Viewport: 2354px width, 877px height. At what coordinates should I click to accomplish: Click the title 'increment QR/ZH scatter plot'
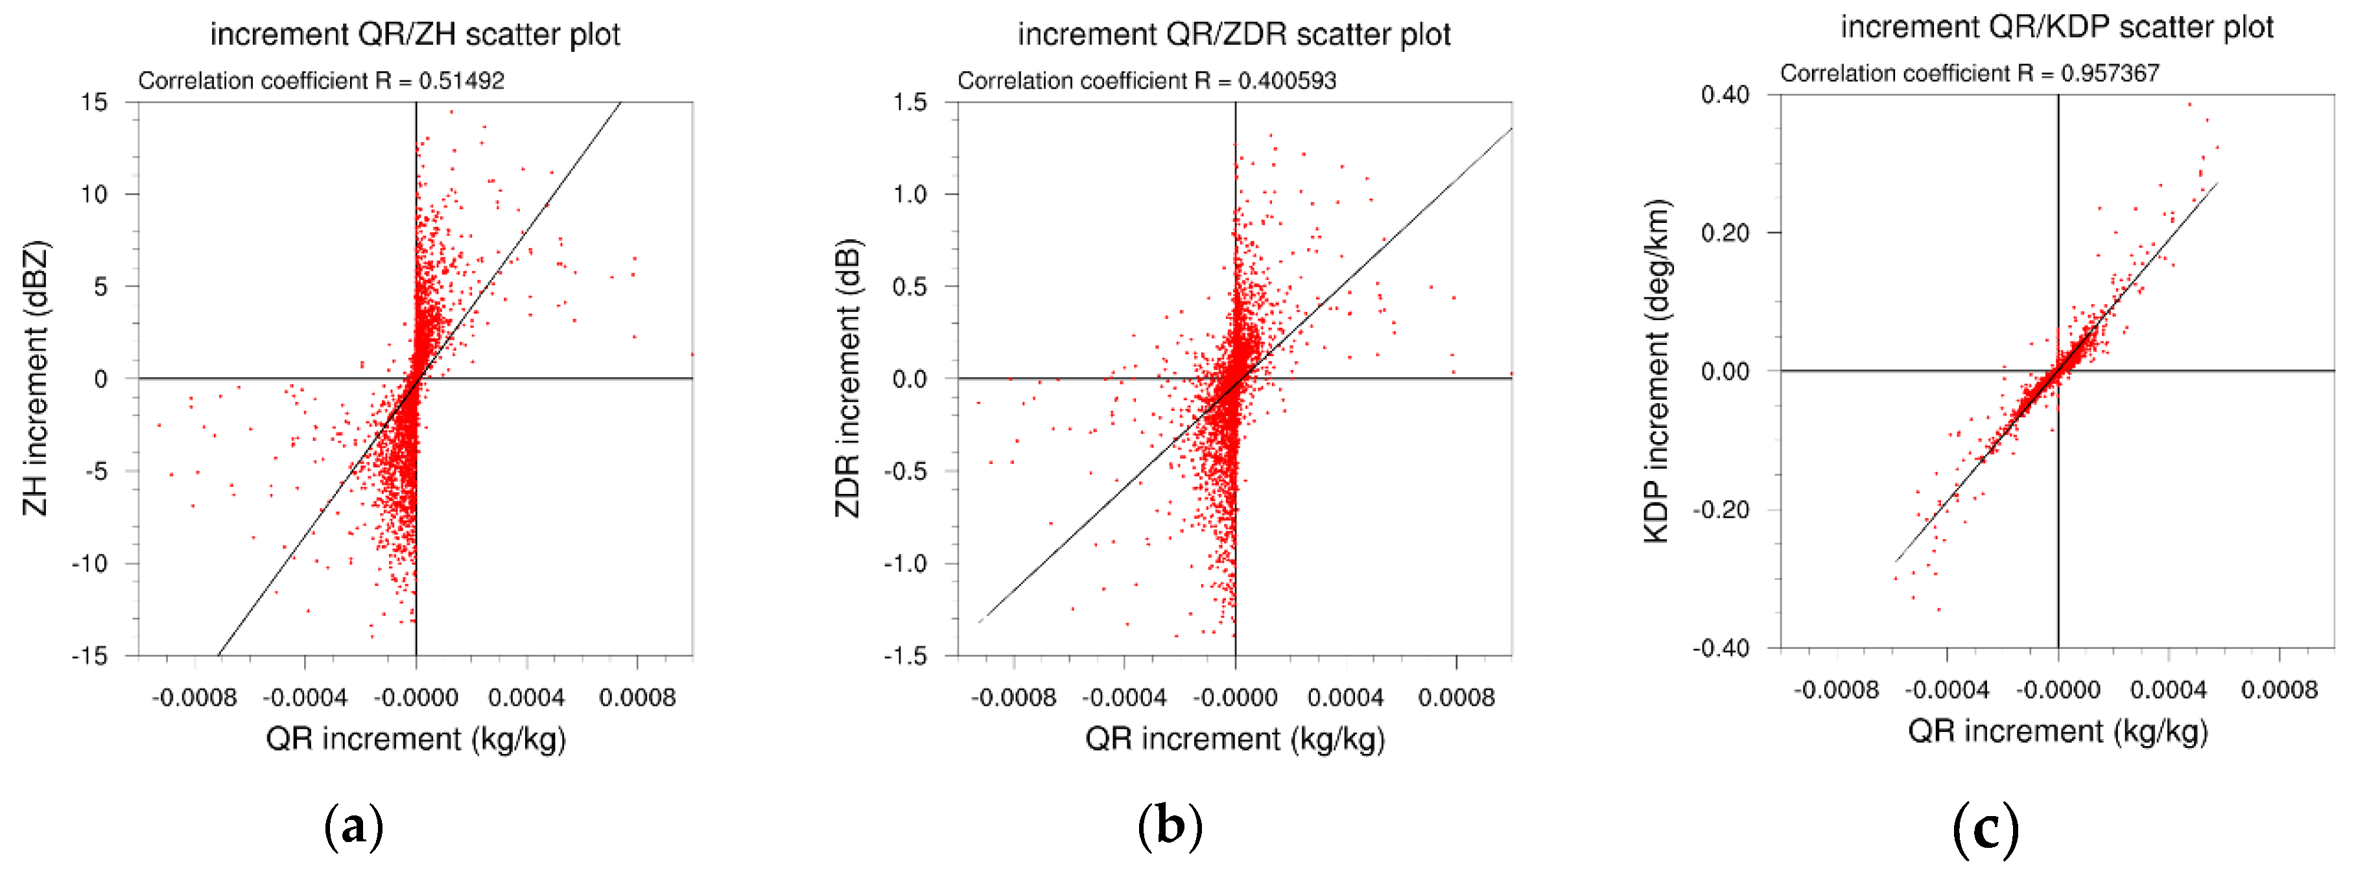pyautogui.click(x=415, y=35)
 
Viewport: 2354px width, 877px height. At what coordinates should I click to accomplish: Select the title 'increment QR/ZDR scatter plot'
pyautogui.click(x=1234, y=35)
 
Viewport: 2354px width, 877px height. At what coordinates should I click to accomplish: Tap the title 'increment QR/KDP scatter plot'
pyautogui.click(x=2056, y=27)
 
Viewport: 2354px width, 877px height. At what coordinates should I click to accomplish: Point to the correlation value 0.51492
pyautogui.click(x=462, y=80)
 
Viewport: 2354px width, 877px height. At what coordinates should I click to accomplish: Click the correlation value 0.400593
pyautogui.click(x=1287, y=80)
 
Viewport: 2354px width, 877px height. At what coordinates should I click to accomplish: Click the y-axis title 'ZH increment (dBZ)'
pyautogui.click(x=36, y=378)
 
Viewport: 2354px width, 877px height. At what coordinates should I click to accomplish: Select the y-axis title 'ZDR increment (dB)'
pyautogui.click(x=848, y=378)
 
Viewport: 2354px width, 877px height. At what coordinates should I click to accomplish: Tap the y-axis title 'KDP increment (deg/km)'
pyautogui.click(x=1656, y=371)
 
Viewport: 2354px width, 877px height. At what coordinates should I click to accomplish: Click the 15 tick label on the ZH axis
pyautogui.click(x=94, y=102)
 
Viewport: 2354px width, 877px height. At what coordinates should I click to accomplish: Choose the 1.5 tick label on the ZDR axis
pyautogui.click(x=910, y=102)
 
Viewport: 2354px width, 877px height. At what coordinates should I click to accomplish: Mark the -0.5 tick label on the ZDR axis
pyautogui.click(x=904, y=471)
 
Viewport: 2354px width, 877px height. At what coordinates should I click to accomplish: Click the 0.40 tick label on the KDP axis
pyautogui.click(x=1725, y=95)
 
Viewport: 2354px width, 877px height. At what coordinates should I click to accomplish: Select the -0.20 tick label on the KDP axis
pyautogui.click(x=1721, y=509)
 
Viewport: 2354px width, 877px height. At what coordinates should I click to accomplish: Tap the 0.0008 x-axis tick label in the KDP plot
pyautogui.click(x=2279, y=690)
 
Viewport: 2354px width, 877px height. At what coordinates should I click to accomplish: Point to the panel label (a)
pyautogui.click(x=353, y=826)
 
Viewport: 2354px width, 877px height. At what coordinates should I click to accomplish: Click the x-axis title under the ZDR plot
pyautogui.click(x=1234, y=738)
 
